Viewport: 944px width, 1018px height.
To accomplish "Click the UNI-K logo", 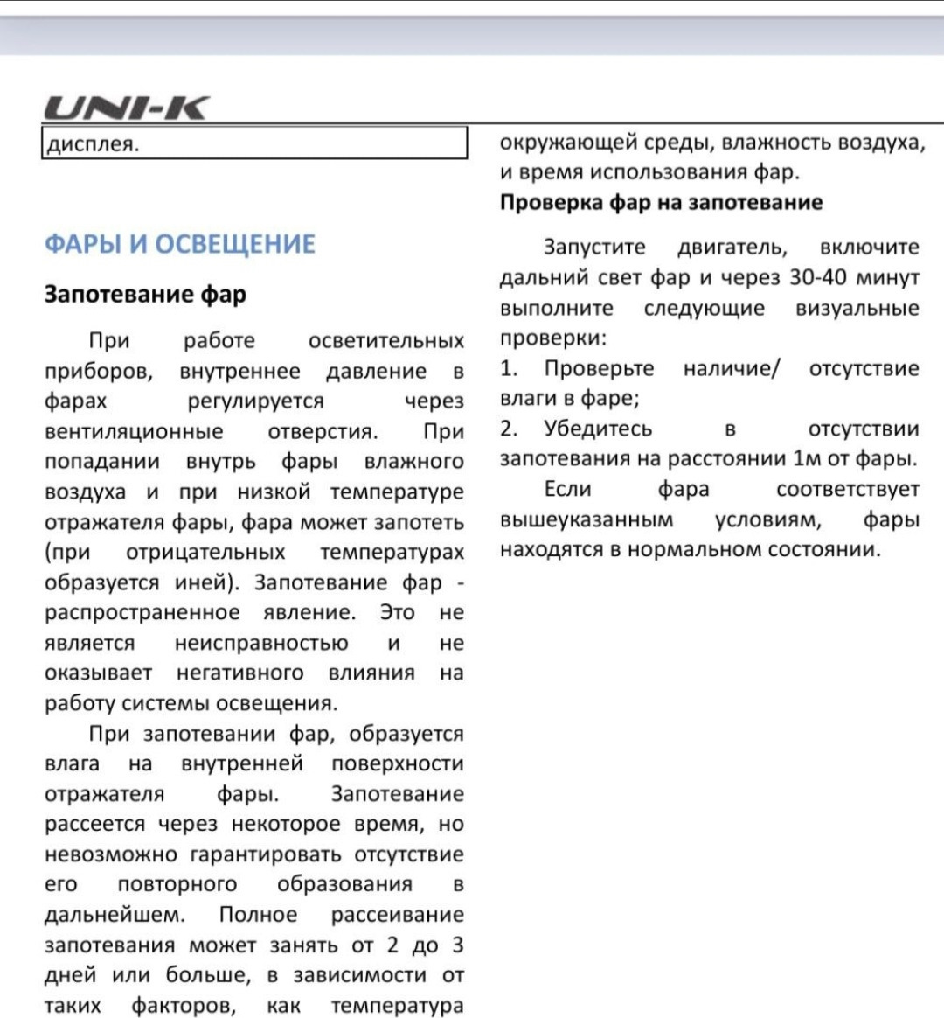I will (x=127, y=108).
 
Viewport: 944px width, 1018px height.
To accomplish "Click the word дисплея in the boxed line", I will (x=92, y=143).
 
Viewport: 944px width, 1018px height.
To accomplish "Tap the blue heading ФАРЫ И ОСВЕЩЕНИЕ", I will (x=179, y=243).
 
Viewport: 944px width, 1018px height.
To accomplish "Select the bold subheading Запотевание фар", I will (x=145, y=294).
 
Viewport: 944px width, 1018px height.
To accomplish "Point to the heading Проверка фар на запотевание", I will (x=661, y=202).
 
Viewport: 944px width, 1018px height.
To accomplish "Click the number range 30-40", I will (x=817, y=277).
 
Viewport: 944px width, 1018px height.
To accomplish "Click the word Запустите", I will (x=594, y=248).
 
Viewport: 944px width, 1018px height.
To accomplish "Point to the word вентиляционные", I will (x=134, y=431).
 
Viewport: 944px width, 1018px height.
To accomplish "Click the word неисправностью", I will (x=261, y=643).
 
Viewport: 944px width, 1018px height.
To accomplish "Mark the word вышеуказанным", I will (x=587, y=519).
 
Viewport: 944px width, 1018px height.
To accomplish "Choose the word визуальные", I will (x=857, y=308).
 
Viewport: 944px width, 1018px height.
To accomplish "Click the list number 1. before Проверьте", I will (x=508, y=368).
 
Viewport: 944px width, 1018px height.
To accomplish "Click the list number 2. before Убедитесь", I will (x=508, y=429).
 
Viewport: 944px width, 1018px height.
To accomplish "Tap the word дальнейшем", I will (x=115, y=914).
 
